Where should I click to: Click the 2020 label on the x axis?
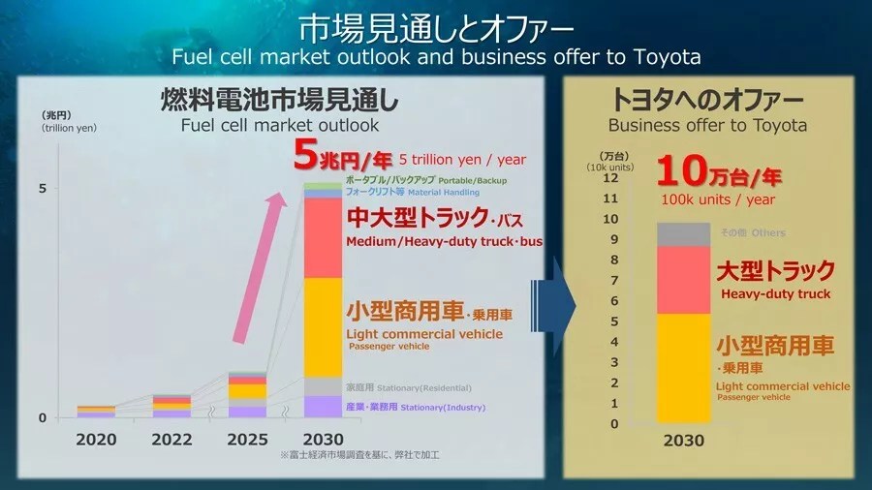[96, 439]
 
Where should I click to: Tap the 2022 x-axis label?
[171, 439]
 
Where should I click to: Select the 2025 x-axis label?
[247, 439]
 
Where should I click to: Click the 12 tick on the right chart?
[610, 178]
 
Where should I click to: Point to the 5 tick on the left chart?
[42, 188]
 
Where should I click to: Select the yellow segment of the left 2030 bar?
[323, 326]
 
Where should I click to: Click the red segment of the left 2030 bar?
[323, 238]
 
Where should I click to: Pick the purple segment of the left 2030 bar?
[323, 407]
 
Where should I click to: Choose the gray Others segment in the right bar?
[683, 233]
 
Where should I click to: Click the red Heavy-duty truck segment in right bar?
[683, 280]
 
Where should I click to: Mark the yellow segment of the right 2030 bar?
[683, 368]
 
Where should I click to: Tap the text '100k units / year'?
[718, 199]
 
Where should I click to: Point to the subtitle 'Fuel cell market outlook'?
[280, 126]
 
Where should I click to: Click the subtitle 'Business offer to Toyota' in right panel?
[707, 126]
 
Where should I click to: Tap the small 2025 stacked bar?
[247, 394]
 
